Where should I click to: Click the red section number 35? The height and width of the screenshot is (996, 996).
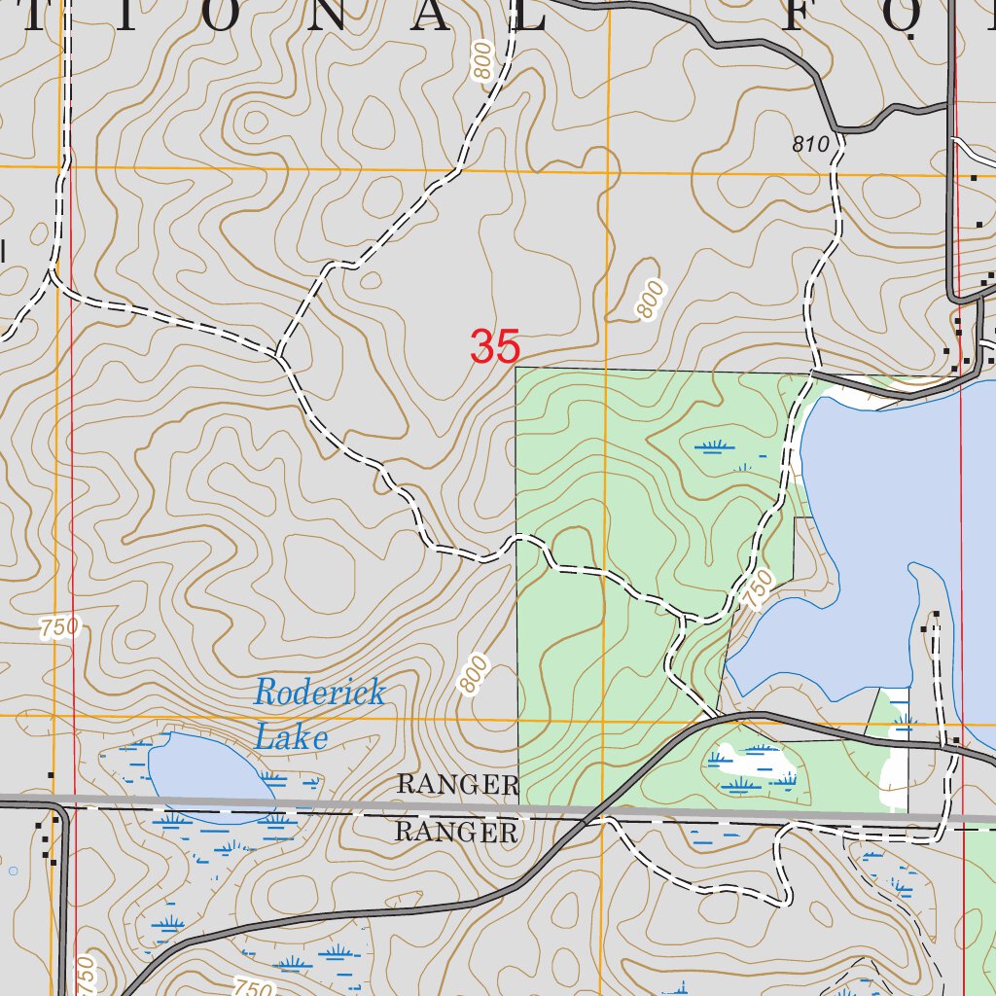[495, 347]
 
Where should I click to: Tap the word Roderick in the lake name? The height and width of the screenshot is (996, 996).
[319, 694]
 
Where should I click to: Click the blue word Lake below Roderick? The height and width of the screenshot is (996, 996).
[290, 737]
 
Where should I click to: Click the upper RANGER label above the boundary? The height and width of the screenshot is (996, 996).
[458, 784]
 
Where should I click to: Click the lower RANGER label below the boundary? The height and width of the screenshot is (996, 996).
[456, 832]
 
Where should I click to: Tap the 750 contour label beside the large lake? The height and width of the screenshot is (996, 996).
[760, 589]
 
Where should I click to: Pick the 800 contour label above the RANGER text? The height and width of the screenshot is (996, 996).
[474, 674]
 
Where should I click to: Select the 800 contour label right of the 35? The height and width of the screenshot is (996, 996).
[651, 299]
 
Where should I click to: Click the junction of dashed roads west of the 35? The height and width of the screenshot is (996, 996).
[280, 355]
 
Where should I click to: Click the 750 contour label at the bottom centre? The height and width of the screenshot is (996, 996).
[253, 988]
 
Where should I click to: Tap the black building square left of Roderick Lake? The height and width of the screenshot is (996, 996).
[51, 775]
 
